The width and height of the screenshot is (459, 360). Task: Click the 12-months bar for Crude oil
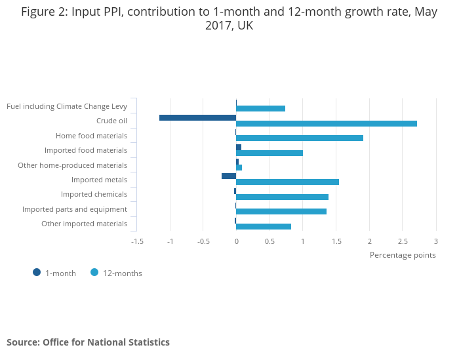tap(327, 123)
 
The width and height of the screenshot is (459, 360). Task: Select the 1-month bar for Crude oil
tap(197, 117)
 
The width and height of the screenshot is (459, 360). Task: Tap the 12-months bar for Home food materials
tap(300, 138)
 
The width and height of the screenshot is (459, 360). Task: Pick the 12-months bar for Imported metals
tap(287, 182)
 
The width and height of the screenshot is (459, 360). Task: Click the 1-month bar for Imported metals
tap(229, 176)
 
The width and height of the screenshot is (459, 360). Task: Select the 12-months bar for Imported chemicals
tap(282, 197)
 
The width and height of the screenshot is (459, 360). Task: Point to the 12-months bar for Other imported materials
tap(264, 226)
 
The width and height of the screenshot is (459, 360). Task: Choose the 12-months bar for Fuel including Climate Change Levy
tap(260, 108)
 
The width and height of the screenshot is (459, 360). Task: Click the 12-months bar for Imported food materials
tap(269, 153)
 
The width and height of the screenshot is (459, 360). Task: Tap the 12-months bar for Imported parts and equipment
tap(281, 211)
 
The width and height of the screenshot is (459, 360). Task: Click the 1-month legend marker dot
tap(37, 273)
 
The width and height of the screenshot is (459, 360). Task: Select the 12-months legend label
tap(122, 273)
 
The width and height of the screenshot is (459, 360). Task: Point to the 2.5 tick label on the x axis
tap(403, 241)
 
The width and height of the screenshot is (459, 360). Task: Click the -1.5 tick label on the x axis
tap(137, 241)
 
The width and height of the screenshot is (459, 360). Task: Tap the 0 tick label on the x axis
tap(236, 241)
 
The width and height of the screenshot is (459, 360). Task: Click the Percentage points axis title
tap(402, 255)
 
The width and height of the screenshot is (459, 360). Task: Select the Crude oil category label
tap(111, 121)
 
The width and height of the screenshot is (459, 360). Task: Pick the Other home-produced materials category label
tap(72, 165)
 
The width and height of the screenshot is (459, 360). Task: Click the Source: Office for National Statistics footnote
tap(88, 342)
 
